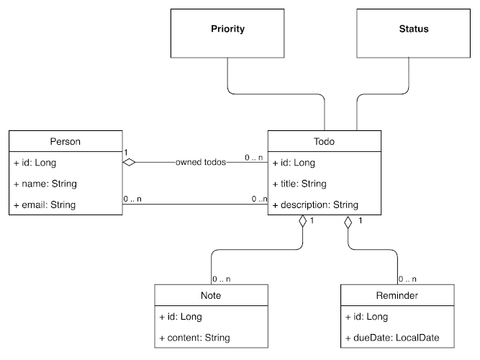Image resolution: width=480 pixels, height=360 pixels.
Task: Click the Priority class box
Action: (x=227, y=30)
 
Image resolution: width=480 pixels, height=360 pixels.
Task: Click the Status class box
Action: (x=413, y=30)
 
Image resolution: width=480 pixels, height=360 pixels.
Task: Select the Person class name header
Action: (x=65, y=142)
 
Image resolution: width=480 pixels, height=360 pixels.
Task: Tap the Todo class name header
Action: (x=324, y=142)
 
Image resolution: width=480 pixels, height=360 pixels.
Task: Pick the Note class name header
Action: (x=211, y=295)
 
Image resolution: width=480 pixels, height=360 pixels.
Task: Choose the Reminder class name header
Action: (x=397, y=295)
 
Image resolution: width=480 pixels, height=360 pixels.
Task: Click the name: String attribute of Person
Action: (x=45, y=184)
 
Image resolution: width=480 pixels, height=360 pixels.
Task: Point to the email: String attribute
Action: (x=45, y=204)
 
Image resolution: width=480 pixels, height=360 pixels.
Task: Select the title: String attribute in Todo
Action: (x=299, y=184)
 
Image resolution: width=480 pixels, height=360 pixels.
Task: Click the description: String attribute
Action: (x=316, y=204)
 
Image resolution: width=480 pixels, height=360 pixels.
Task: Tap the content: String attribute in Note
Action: (x=194, y=337)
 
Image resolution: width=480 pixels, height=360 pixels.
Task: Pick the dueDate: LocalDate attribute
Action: (x=391, y=337)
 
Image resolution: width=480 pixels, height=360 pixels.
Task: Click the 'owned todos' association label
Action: (x=200, y=163)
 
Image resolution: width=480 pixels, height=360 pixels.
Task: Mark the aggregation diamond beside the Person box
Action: (x=129, y=163)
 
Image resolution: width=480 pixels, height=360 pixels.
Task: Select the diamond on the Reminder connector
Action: (x=349, y=222)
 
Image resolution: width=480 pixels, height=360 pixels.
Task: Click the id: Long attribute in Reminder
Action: (x=366, y=316)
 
